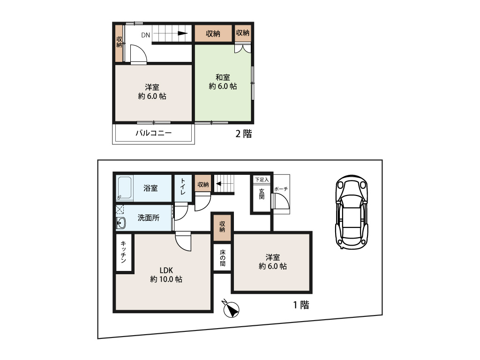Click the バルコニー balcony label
pyautogui.click(x=154, y=133)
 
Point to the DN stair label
pyautogui.click(x=146, y=35)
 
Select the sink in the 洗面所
pyautogui.click(x=121, y=224)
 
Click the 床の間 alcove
pyautogui.click(x=222, y=257)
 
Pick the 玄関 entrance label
pyautogui.click(x=261, y=194)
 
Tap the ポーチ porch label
pyautogui.click(x=281, y=188)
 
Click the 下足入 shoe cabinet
pyautogui.click(x=262, y=180)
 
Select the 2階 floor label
pyautogui.click(x=243, y=134)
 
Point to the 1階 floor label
pyautogui.click(x=301, y=305)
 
